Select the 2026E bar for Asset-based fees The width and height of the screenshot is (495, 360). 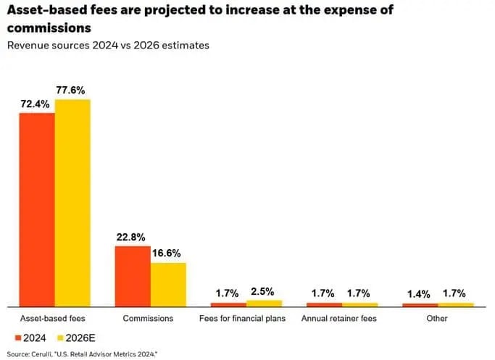72,202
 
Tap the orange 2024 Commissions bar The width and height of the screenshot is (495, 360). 133,275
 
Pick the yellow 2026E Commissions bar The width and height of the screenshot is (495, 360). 168,283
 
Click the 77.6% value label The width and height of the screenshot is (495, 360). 71,91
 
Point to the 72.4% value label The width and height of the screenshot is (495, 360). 35,104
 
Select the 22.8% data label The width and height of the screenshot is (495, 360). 131,238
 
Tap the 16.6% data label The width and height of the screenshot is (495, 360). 168,254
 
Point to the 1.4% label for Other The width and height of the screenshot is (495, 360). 418,294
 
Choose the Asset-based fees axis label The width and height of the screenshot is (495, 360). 55,318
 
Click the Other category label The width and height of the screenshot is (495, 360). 437,318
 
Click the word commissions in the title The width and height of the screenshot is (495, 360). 49,28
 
